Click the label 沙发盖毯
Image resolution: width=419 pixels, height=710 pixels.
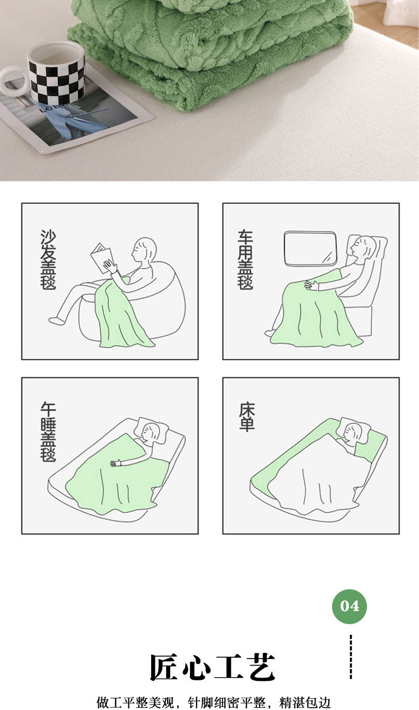click(48, 260)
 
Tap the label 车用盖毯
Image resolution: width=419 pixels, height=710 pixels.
click(246, 260)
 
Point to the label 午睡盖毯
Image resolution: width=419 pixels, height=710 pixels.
click(48, 432)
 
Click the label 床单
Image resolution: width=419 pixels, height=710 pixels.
click(247, 416)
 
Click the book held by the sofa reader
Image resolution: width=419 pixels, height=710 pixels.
click(101, 258)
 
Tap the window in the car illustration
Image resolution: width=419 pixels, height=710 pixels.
click(310, 248)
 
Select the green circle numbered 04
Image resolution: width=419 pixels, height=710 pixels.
click(350, 606)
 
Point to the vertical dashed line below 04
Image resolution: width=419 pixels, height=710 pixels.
click(351, 656)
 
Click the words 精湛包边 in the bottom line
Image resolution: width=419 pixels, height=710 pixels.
click(305, 702)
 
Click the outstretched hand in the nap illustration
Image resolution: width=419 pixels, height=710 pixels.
click(116, 463)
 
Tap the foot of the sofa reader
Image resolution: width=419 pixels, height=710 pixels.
click(57, 321)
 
